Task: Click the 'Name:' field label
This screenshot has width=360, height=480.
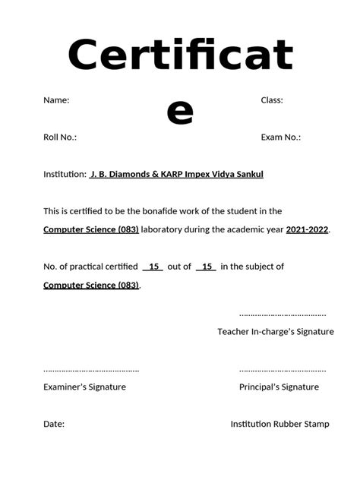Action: (x=56, y=100)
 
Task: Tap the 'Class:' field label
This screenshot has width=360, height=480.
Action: (x=272, y=100)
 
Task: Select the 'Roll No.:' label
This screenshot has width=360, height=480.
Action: (x=60, y=137)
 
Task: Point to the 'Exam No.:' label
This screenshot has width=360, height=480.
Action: (x=280, y=137)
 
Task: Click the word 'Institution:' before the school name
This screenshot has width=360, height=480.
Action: (x=65, y=175)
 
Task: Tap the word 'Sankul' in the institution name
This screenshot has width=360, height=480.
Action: (x=248, y=175)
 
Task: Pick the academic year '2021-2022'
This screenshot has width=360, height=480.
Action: (x=307, y=229)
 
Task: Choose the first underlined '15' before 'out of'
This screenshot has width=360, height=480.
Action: (x=153, y=267)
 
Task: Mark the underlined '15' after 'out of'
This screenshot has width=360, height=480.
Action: (x=206, y=267)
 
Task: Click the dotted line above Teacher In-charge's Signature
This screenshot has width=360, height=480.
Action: (x=283, y=314)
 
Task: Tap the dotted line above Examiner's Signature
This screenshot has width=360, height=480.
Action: (x=91, y=371)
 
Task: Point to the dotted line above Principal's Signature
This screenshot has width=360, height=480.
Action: (x=283, y=371)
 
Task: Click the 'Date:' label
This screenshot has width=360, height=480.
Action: (x=54, y=425)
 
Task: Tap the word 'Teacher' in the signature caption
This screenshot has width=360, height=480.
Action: (x=234, y=332)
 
